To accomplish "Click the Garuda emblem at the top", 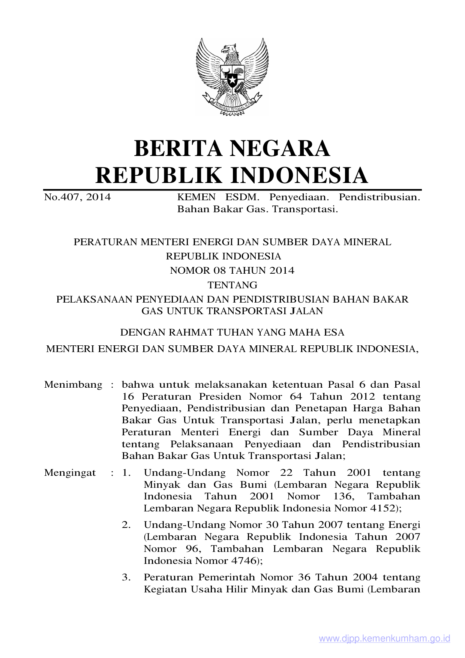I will (232, 76).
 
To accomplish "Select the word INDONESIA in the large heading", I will (298, 175).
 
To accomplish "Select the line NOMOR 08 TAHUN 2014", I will (232, 270).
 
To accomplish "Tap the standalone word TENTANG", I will (232, 285).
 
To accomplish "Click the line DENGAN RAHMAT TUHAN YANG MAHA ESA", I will (232, 332).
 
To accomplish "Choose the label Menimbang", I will (73, 385).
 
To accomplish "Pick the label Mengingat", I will (70, 473).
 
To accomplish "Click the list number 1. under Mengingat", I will (126, 473).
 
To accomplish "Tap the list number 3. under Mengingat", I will (126, 577).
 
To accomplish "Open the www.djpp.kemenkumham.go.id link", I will (384, 639).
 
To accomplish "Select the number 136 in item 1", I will (343, 496).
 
